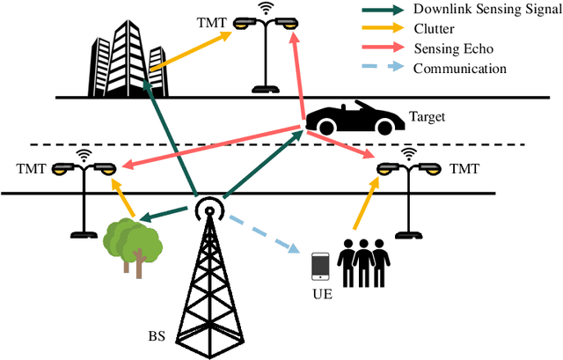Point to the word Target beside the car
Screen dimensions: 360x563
pos(427,116)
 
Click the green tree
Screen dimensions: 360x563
pos(131,239)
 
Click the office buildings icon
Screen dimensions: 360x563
pos(122,55)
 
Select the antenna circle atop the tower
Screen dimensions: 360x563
pos(208,209)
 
